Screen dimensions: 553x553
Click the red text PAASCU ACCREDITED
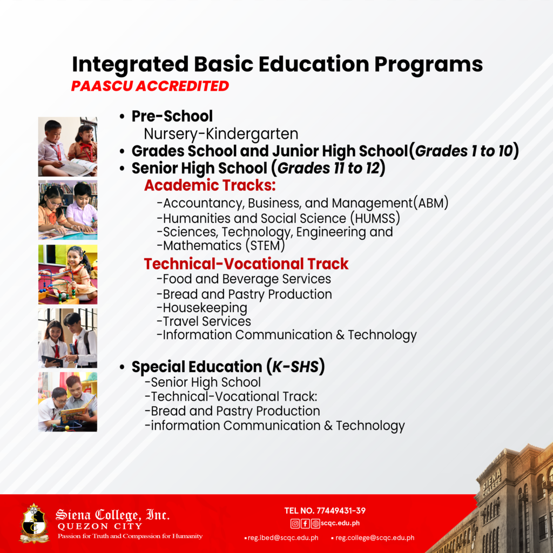tap(150, 86)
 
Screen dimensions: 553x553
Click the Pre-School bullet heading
tap(172, 116)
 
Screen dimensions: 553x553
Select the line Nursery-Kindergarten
tap(221, 133)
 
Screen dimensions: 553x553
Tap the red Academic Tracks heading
tap(210, 186)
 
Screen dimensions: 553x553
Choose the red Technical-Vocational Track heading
tap(246, 264)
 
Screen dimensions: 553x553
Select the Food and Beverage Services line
tap(244, 279)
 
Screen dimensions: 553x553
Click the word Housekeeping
tap(202, 308)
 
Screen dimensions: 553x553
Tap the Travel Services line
tap(204, 321)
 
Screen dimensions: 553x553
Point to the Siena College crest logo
tap(33, 523)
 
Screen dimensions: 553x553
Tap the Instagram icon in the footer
tap(295, 523)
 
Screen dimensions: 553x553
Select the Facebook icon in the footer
tap(305, 523)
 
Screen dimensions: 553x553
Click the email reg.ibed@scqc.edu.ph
tap(283, 538)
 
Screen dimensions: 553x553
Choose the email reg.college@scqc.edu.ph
tap(375, 538)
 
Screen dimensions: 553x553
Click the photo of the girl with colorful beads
tap(68, 274)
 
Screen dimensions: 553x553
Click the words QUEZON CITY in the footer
tap(99, 526)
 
